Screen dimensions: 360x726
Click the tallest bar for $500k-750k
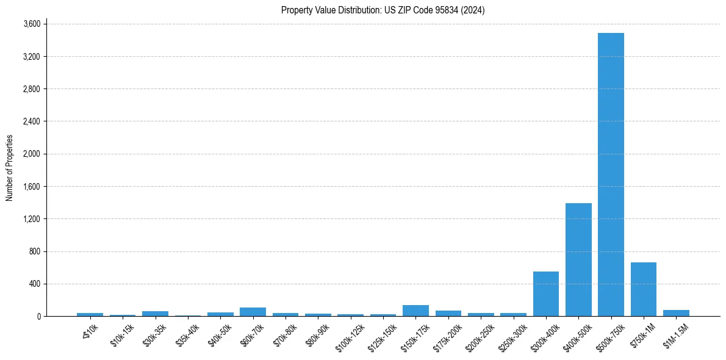611,175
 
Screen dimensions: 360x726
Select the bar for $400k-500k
578,260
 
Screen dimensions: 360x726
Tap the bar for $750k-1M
643,289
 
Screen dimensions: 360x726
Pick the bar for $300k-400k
545,294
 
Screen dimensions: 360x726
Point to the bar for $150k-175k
415,311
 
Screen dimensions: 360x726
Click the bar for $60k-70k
253,312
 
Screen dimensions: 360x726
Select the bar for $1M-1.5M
676,313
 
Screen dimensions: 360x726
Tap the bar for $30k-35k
155,314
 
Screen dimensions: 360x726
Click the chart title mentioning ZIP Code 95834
383,10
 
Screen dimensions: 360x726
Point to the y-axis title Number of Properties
10,168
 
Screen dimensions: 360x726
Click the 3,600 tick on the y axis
31,24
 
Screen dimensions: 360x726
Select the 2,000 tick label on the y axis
31,154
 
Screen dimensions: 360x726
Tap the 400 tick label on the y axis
34,284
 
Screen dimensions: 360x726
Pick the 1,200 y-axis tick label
31,219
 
